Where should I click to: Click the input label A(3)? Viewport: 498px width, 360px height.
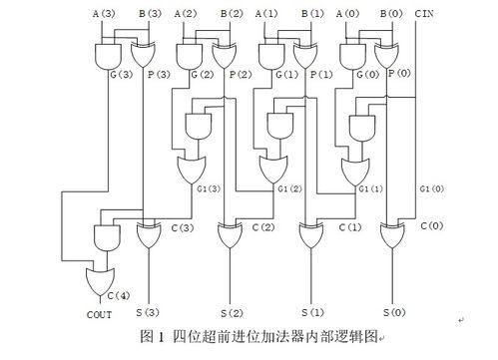[104, 13]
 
